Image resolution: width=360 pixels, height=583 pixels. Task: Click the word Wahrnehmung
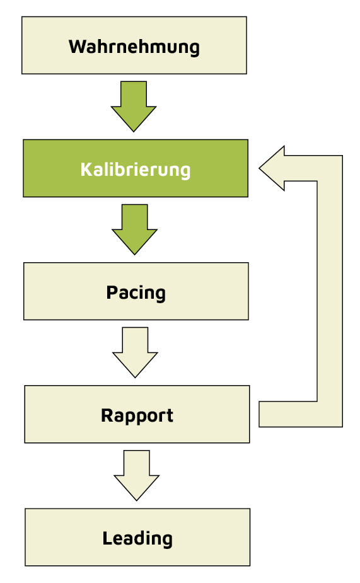click(x=134, y=47)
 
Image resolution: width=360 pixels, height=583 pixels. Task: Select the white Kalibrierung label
click(x=135, y=170)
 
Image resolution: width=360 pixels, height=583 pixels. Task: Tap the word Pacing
click(x=136, y=293)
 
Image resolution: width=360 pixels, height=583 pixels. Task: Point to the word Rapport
click(x=137, y=415)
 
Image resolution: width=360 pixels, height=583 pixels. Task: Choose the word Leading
click(x=137, y=538)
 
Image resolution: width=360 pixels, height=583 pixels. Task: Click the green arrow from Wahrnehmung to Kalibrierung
click(x=134, y=105)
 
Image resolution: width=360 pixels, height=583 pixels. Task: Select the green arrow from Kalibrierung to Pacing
click(x=134, y=228)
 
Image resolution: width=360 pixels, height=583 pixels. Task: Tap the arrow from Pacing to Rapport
click(x=135, y=351)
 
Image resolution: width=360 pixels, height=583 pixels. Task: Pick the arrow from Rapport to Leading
click(x=136, y=474)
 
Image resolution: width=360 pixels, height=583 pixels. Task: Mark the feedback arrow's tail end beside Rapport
click(x=265, y=414)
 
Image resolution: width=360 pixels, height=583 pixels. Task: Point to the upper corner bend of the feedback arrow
click(x=329, y=168)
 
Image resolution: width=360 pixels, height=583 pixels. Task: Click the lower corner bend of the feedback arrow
click(x=329, y=414)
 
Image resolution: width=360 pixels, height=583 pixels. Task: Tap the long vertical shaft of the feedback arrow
click(x=329, y=290)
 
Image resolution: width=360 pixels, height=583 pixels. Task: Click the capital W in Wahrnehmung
click(x=76, y=47)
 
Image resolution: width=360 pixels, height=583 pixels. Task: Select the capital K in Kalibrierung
click(x=85, y=170)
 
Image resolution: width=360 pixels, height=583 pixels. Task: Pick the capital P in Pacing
click(x=112, y=292)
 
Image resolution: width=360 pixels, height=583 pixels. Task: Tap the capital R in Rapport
click(x=107, y=415)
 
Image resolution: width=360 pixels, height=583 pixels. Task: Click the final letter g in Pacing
click(x=160, y=295)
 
